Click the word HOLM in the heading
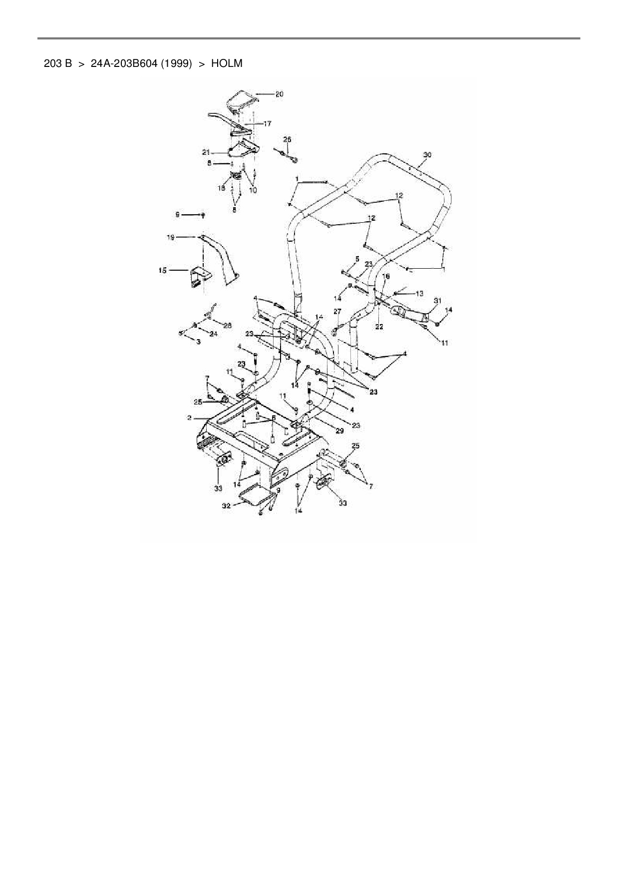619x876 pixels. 227,63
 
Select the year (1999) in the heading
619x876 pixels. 176,63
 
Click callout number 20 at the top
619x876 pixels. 279,94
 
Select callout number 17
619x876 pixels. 267,123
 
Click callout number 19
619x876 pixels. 170,238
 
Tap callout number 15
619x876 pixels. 163,270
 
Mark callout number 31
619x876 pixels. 437,301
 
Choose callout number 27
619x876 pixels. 337,311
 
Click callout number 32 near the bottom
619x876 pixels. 226,505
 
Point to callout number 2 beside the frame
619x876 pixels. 190,417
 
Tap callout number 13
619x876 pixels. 419,293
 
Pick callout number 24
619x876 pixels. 213,334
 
